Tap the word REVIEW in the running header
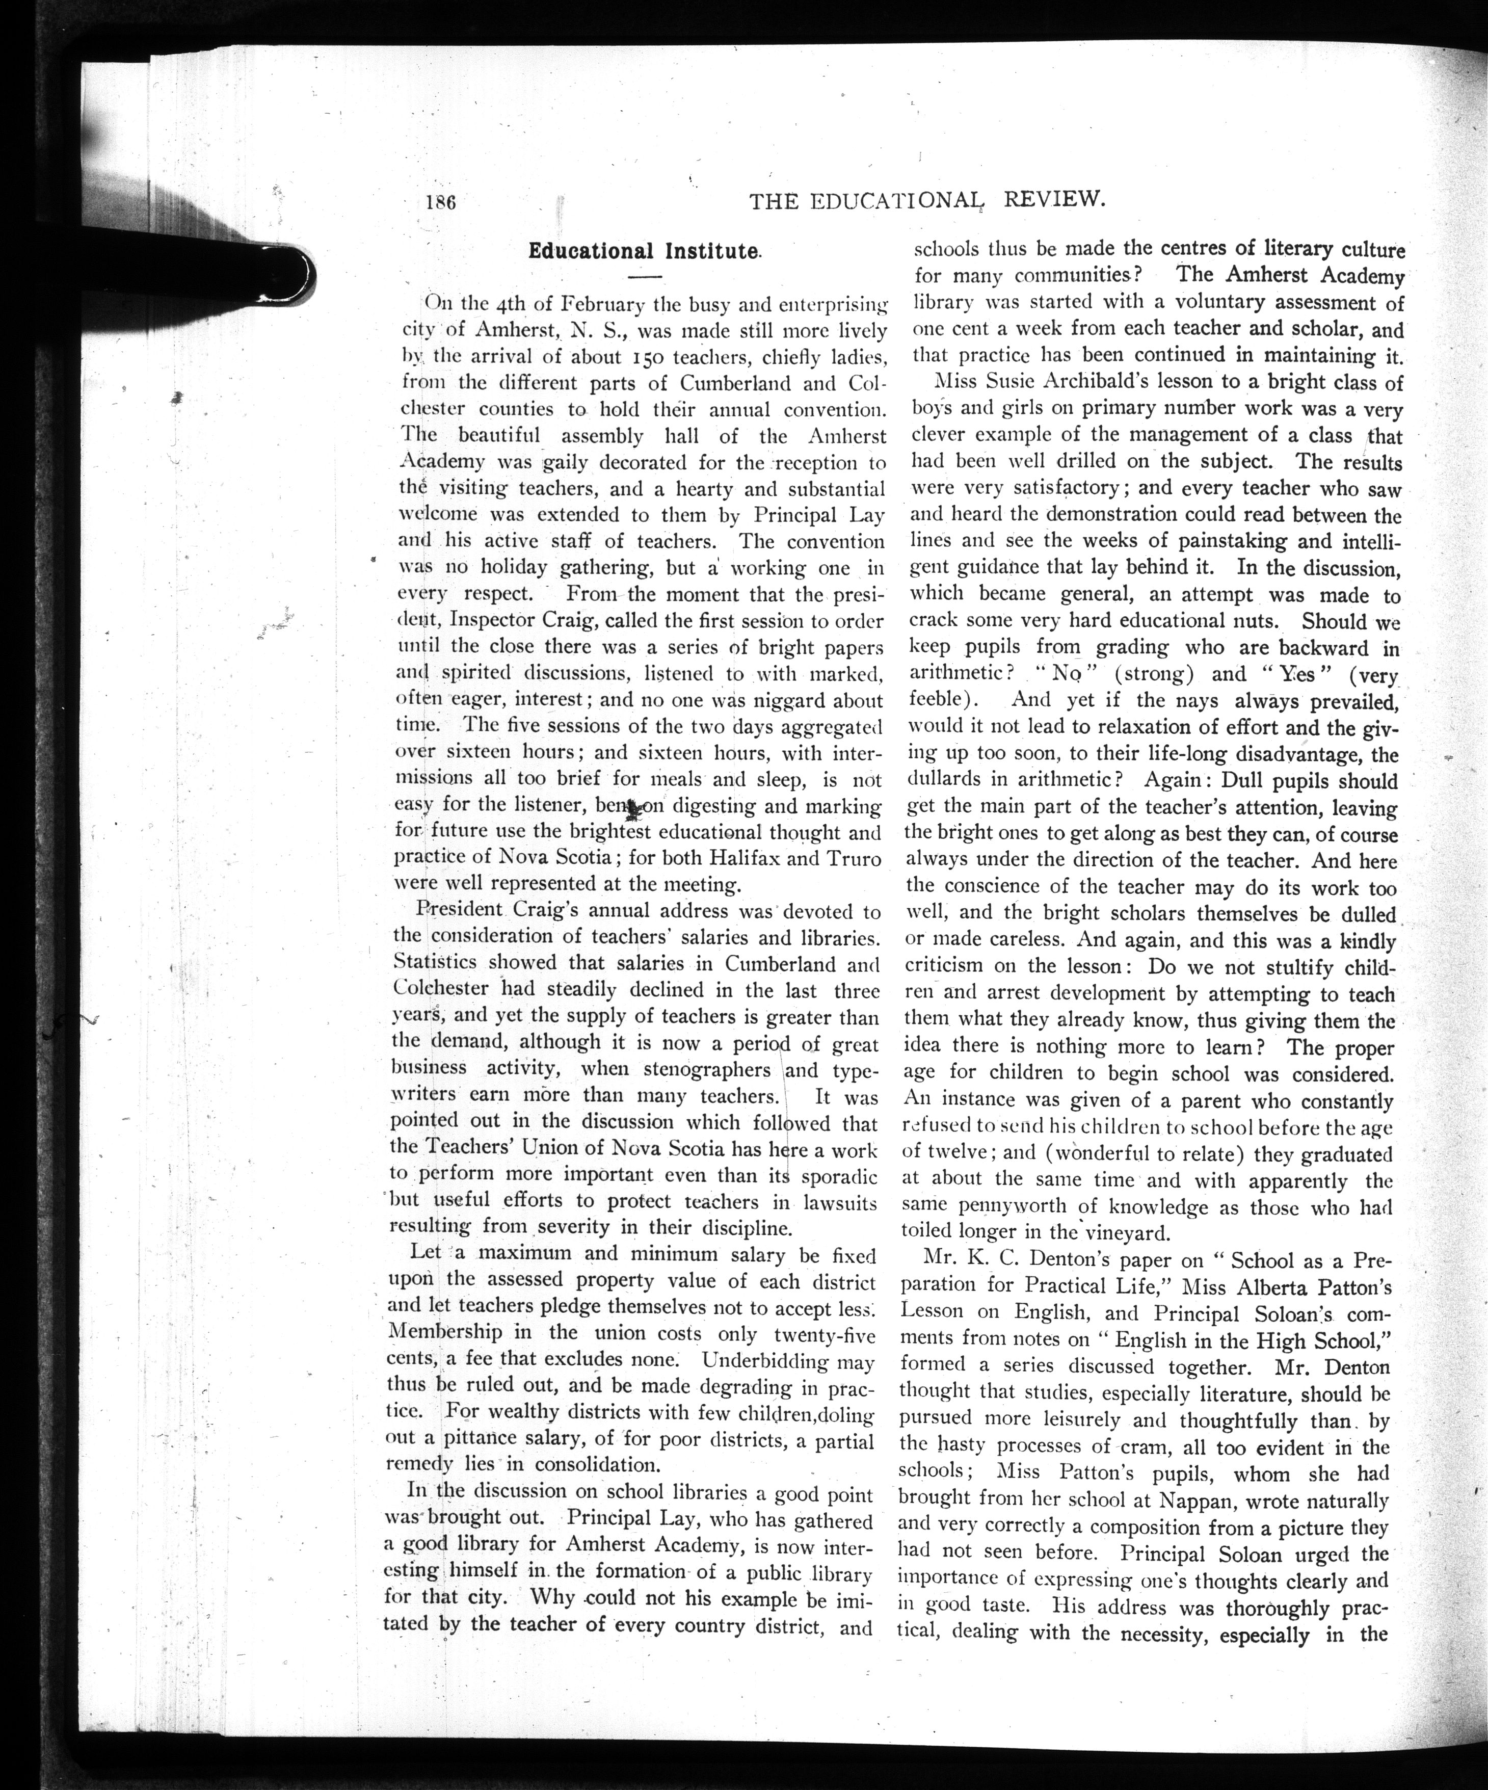point(1055,200)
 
